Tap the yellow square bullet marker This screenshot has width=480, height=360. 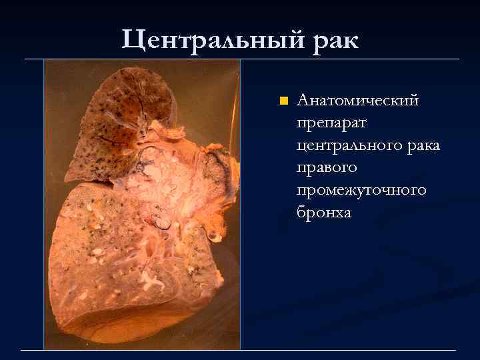tap(283, 101)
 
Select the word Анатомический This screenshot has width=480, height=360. tap(358, 101)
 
